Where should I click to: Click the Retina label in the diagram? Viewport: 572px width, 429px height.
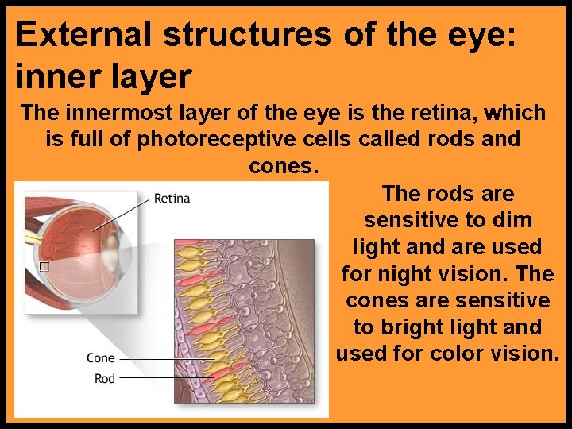(x=172, y=198)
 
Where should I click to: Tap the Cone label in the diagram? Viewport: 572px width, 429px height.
(x=101, y=358)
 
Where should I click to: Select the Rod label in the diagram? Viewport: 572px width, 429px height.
(x=105, y=378)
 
